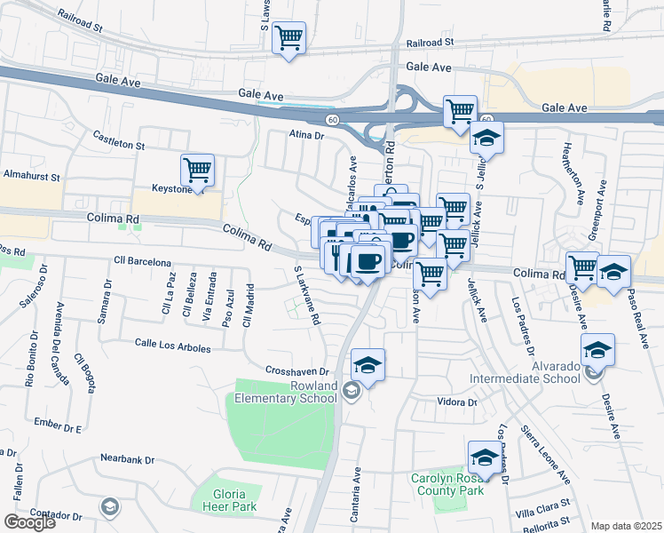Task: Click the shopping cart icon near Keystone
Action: (x=197, y=169)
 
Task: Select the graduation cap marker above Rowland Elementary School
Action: (x=368, y=364)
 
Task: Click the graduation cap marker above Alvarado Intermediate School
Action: (x=598, y=350)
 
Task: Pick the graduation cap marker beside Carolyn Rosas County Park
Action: (x=485, y=457)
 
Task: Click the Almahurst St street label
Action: (x=30, y=176)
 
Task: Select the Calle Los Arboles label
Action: (x=172, y=346)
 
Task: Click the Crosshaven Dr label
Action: (x=297, y=370)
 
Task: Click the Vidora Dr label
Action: (x=457, y=402)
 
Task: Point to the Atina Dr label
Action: (x=307, y=136)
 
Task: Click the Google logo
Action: (x=29, y=522)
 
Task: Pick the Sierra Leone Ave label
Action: (x=547, y=455)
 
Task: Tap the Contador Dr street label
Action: (x=56, y=515)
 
